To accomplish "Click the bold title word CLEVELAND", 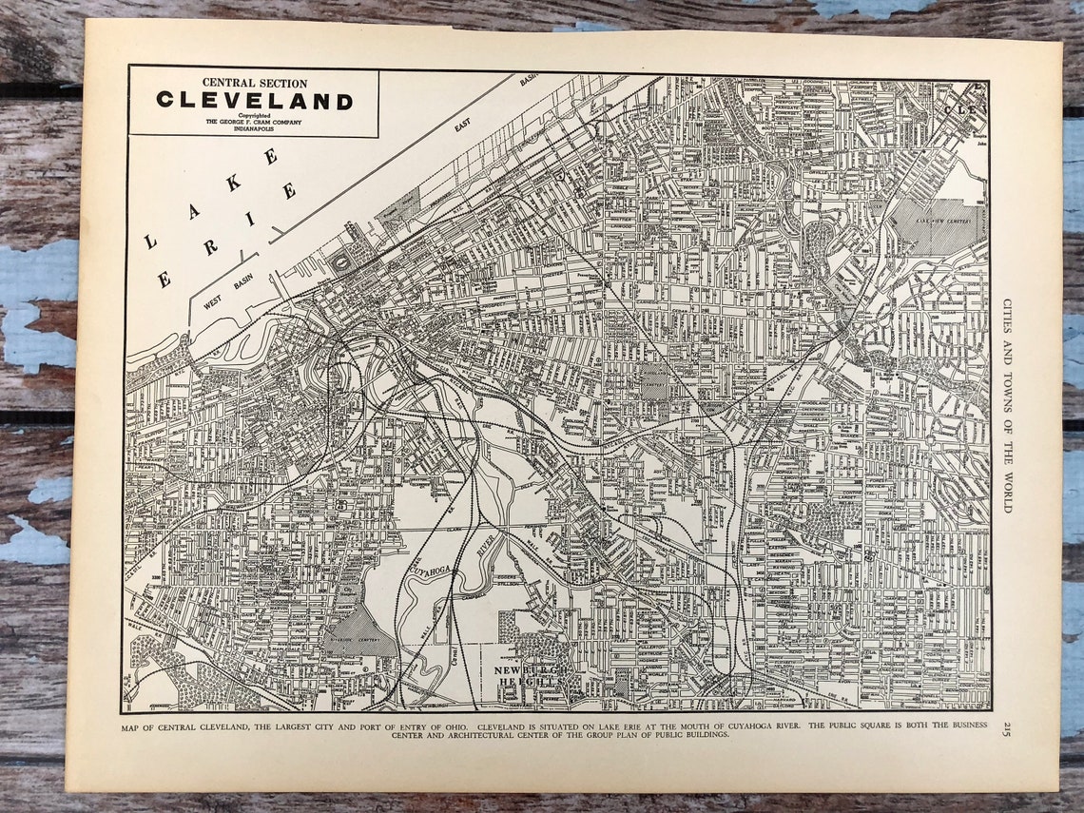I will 254,101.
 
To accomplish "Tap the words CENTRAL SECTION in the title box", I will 254,84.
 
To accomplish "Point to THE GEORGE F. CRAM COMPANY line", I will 254,121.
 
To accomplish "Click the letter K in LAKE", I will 233,183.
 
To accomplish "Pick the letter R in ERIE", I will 210,247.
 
